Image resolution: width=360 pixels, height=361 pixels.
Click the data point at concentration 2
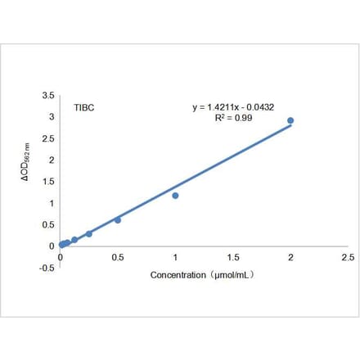click(290, 120)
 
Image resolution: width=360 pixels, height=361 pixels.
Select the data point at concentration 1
click(175, 196)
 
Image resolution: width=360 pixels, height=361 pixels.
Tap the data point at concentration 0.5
click(118, 220)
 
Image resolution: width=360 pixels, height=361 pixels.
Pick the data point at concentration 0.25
click(89, 234)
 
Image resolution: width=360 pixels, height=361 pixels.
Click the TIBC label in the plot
click(84, 107)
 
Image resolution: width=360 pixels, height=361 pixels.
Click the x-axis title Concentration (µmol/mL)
click(202, 275)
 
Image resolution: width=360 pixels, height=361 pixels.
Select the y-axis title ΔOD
click(26, 171)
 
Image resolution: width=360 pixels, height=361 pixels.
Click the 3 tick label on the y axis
click(52, 117)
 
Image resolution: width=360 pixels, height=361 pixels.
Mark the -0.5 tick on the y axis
click(47, 267)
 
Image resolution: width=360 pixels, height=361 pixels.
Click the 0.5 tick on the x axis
click(118, 257)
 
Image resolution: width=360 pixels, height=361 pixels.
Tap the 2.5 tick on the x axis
click(348, 257)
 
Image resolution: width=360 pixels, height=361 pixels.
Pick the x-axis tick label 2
click(290, 257)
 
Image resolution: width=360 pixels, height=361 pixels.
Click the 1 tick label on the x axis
click(175, 257)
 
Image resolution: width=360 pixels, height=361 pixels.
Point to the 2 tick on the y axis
click(52, 160)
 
